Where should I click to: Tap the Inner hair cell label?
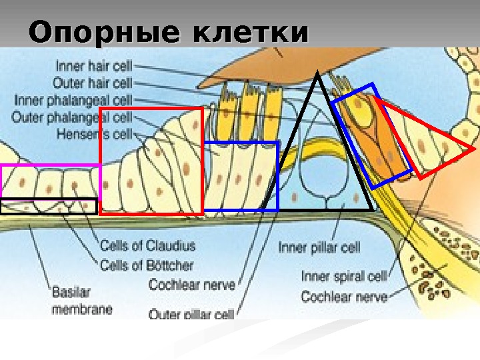(94, 67)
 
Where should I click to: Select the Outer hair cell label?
(93, 83)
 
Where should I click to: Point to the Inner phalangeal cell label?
(73, 100)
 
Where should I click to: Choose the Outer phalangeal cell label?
(72, 117)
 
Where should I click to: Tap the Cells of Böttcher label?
(146, 265)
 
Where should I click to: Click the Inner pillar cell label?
(319, 248)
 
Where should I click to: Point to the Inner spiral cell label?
(344, 277)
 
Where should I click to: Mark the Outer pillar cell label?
(191, 313)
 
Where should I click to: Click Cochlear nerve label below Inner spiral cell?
(344, 296)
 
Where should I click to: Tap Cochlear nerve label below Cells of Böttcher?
(192, 285)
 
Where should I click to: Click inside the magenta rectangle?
(50, 181)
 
